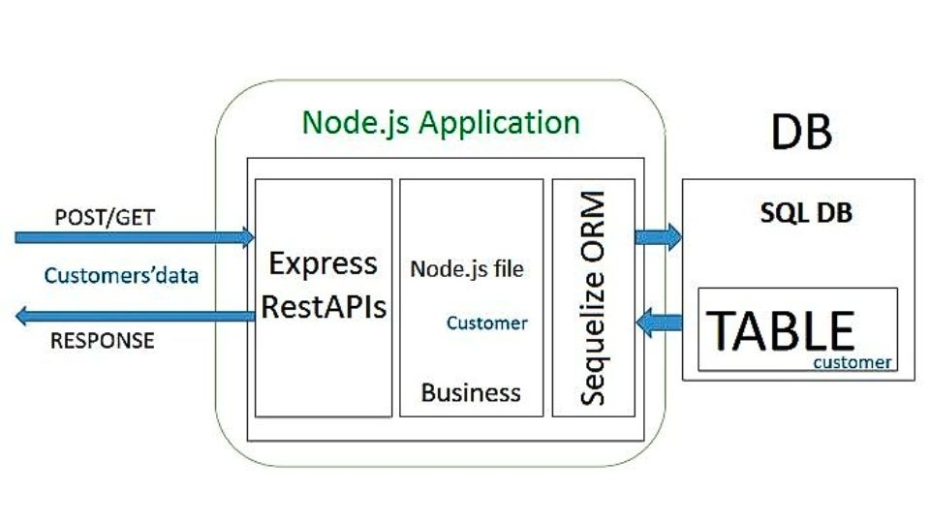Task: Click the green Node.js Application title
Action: click(x=441, y=123)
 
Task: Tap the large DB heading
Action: click(x=801, y=130)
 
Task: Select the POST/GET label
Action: click(x=104, y=216)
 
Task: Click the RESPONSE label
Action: click(x=102, y=340)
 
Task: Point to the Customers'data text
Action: click(x=121, y=276)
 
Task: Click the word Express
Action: click(x=323, y=263)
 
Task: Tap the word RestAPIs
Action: click(x=324, y=307)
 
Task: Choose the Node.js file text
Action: click(x=467, y=268)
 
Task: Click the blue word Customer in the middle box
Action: click(x=487, y=323)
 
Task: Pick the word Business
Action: click(x=471, y=392)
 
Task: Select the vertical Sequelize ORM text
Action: click(x=593, y=297)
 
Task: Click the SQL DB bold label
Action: click(x=806, y=213)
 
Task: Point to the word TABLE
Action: click(x=780, y=330)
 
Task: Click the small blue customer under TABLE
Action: click(x=852, y=362)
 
